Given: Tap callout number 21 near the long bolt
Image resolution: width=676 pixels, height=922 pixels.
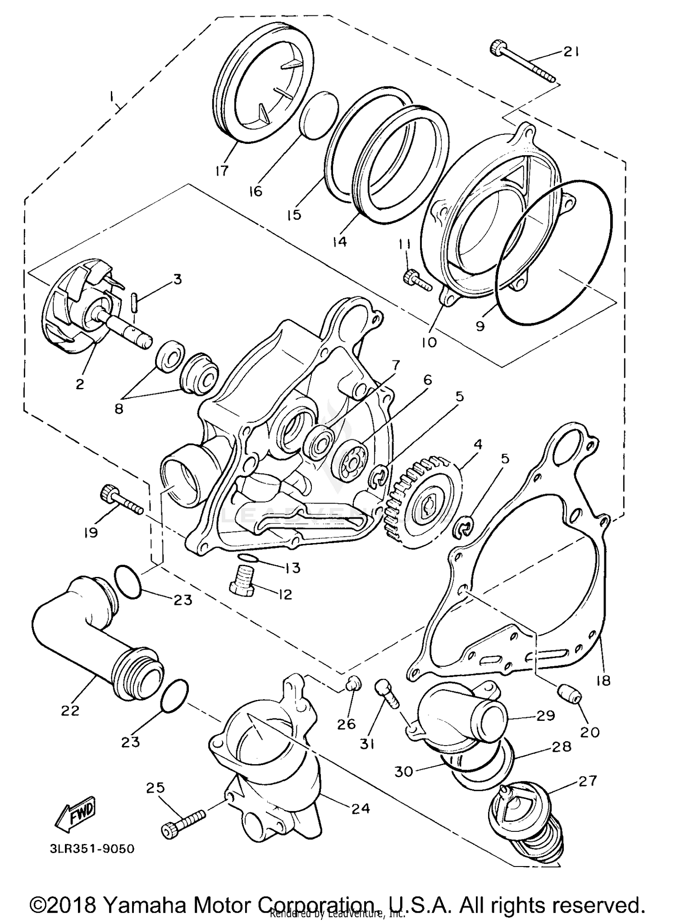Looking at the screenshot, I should tap(570, 52).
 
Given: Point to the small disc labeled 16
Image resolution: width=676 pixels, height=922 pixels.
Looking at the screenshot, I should tap(319, 115).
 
